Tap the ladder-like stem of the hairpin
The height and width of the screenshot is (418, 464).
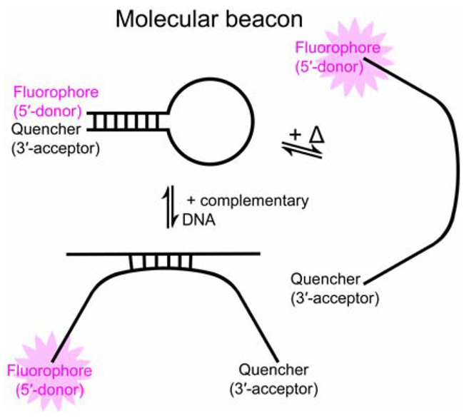click(136, 121)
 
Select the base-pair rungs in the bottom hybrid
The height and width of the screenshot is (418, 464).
click(161, 263)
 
